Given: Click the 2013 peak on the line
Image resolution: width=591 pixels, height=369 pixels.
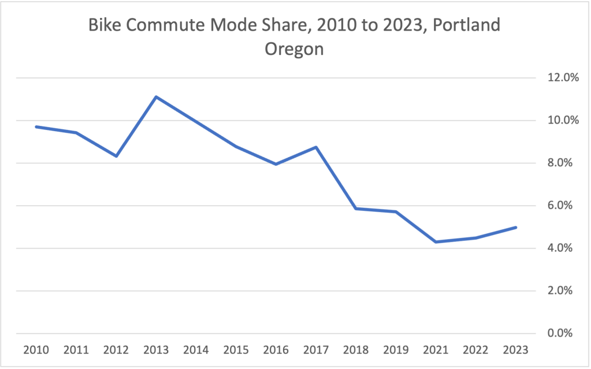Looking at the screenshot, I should click(x=156, y=96).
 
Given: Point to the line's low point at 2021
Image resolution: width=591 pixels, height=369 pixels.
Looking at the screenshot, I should click(x=436, y=242).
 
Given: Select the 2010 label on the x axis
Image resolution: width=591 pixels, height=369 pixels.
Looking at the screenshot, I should click(x=36, y=351).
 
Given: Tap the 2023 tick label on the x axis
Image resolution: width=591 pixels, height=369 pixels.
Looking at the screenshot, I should click(x=515, y=351).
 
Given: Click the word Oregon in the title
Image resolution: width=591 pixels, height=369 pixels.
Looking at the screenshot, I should click(x=294, y=49).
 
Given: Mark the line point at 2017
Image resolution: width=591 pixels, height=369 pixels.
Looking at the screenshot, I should click(x=316, y=147).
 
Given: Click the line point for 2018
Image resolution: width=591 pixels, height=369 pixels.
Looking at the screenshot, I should click(x=356, y=208).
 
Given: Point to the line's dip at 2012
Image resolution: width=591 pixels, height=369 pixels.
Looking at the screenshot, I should click(x=116, y=156).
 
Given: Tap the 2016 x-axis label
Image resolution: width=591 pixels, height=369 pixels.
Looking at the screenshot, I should click(x=276, y=351).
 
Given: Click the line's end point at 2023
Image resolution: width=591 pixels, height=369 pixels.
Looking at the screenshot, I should click(x=515, y=228).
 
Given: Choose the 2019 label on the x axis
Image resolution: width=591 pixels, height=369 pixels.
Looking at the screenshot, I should click(x=396, y=351).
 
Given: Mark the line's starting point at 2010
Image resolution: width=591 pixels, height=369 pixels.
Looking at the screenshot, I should click(x=36, y=126).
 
